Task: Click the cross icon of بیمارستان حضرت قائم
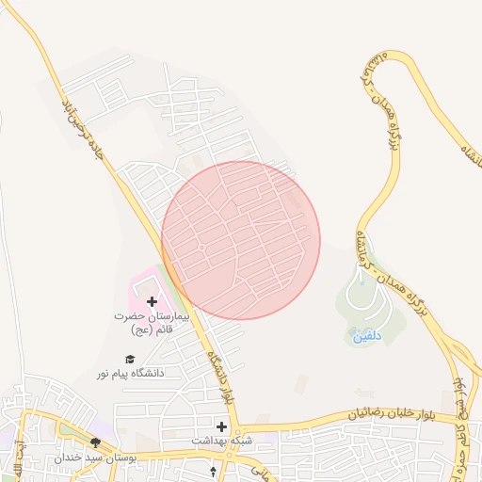click(x=153, y=301)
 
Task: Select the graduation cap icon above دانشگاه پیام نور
click(x=130, y=359)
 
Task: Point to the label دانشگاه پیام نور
click(x=129, y=373)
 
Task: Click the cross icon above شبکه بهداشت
click(x=223, y=426)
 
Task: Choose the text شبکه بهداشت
click(x=223, y=440)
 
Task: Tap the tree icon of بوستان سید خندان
click(x=95, y=442)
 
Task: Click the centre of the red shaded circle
click(x=241, y=240)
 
